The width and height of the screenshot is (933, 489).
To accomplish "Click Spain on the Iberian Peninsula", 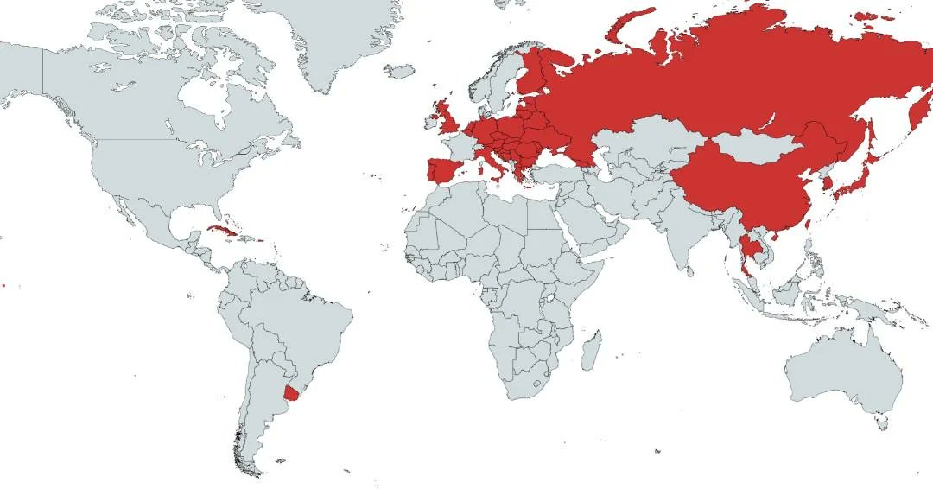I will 442,169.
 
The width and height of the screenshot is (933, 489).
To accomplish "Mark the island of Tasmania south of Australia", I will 880,422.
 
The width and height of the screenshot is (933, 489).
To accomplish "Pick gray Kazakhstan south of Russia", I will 639,138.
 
